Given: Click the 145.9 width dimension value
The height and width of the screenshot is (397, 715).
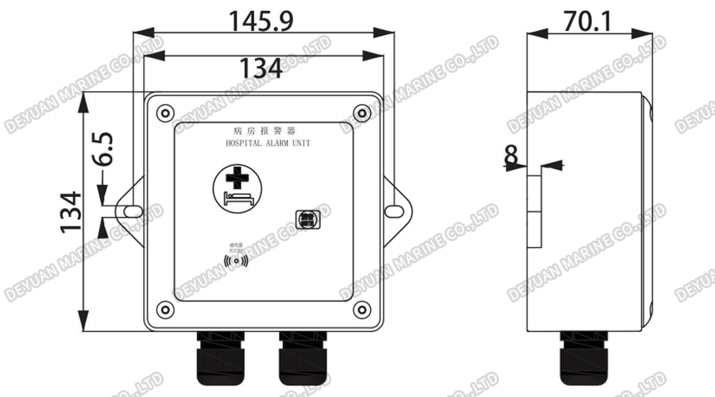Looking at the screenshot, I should click(x=262, y=21).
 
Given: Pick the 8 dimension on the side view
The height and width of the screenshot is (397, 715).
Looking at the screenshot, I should click(x=511, y=156).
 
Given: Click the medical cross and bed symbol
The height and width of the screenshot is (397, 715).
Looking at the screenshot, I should click(x=235, y=187).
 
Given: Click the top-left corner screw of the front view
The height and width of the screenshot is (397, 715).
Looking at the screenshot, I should click(x=164, y=111).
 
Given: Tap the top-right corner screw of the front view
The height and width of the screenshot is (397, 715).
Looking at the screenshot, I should click(x=361, y=111).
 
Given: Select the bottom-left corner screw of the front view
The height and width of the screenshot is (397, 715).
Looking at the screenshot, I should click(x=164, y=309).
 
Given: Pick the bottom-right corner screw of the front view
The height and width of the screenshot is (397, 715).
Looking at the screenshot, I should click(x=361, y=309).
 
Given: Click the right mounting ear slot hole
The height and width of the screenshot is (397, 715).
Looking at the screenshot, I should click(x=394, y=210).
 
